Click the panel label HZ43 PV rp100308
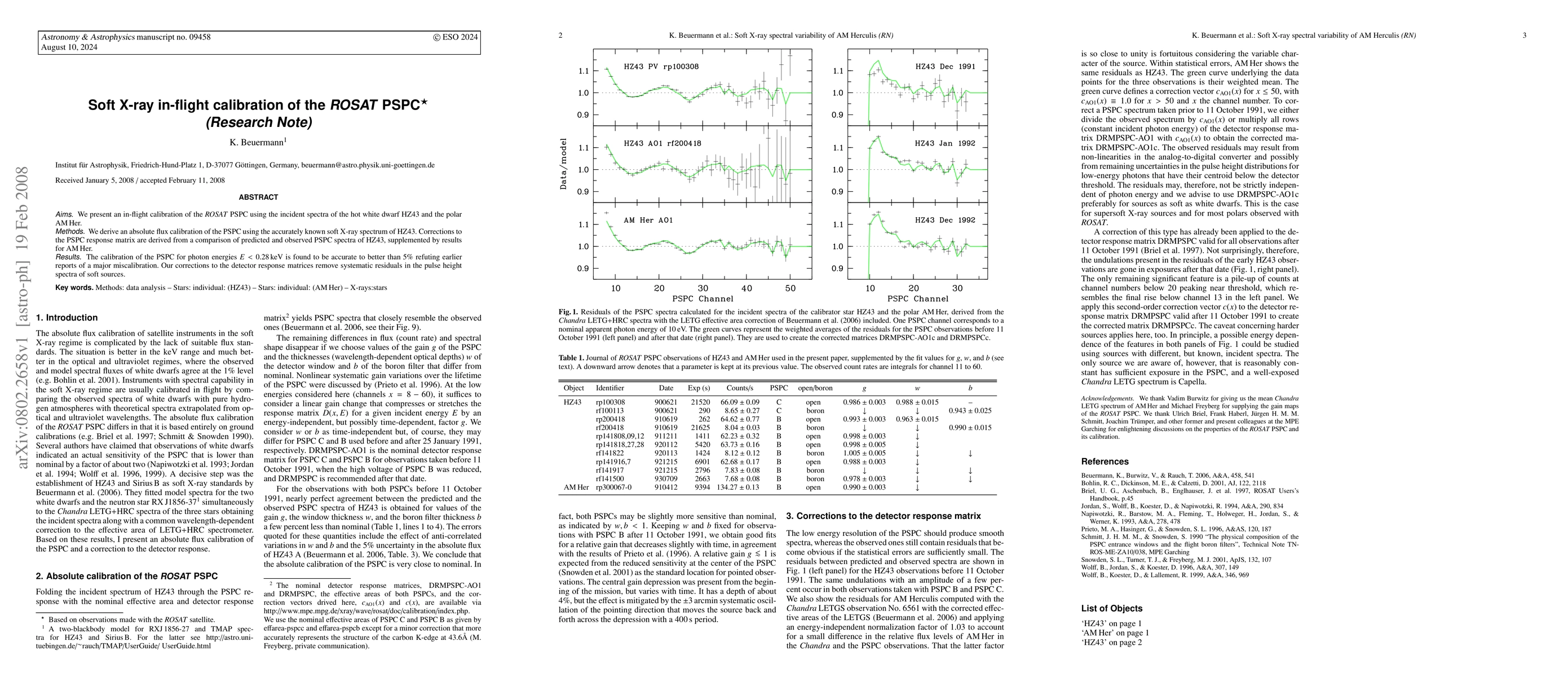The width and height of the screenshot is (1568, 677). pos(661,66)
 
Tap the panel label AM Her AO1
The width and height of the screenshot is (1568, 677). pos(648,220)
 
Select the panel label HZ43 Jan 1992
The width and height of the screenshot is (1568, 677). pos(945,143)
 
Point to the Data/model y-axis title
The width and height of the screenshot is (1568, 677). pos(564,163)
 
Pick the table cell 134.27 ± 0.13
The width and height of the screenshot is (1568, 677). pos(739,487)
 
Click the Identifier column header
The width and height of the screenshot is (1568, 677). pos(609,388)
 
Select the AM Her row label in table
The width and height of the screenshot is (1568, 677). pos(576,487)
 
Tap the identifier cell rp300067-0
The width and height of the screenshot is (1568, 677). pos(613,487)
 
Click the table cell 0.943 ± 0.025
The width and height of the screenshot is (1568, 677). pos(970,410)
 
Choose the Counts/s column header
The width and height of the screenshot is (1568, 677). pos(739,388)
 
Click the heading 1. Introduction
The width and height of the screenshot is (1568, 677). pos(67,318)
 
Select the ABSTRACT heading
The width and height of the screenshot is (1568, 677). pos(258,197)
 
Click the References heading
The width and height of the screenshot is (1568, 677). pos(1104,461)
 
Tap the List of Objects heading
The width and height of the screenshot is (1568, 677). pos(1111,608)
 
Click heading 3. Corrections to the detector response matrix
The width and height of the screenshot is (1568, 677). pos(883,516)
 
